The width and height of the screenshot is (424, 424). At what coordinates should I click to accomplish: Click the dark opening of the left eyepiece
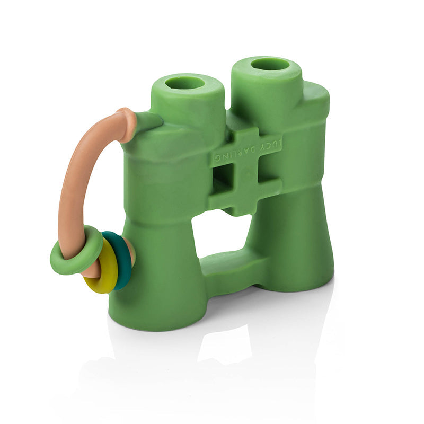(185, 83)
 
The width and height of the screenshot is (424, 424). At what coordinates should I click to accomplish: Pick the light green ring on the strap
(77, 250)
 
